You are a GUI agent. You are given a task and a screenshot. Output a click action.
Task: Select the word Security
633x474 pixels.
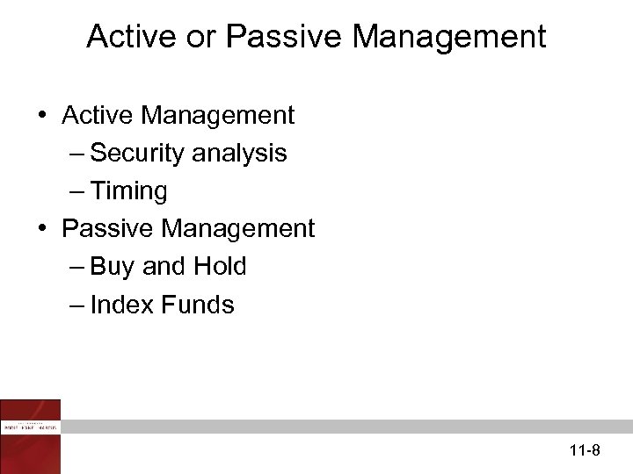(136, 153)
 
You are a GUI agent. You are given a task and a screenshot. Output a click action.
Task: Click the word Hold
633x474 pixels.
(220, 267)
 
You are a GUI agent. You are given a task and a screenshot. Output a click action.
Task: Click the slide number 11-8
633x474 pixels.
(584, 451)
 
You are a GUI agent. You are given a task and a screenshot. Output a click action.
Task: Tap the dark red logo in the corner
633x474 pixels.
(31, 435)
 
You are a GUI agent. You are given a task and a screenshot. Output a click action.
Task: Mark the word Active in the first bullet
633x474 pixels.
(98, 115)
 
